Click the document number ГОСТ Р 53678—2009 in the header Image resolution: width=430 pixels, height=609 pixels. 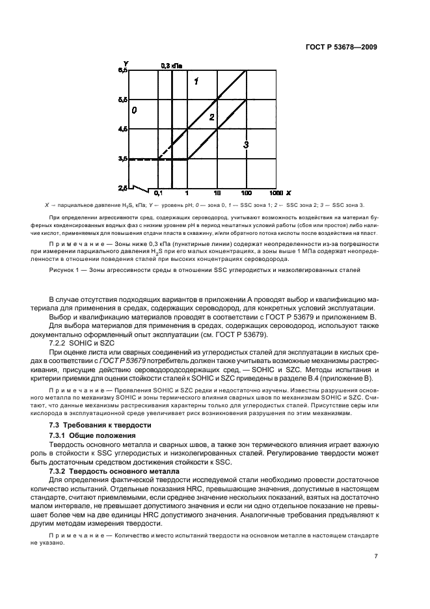tap(340, 47)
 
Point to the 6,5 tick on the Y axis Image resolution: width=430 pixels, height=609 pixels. tap(123, 70)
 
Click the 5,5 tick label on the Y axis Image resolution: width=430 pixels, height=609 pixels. tap(123, 100)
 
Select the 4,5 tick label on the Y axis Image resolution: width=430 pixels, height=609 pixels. tap(123, 129)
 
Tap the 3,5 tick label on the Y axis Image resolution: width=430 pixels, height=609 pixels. tap(123, 159)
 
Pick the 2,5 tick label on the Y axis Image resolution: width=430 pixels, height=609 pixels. tap(123, 189)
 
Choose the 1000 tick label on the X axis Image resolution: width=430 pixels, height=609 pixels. tap(275, 194)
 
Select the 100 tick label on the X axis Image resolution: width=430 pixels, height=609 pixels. tap(247, 194)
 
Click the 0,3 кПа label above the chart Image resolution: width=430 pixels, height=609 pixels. tap(171, 66)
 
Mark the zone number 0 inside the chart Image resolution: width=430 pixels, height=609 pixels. tap(134, 111)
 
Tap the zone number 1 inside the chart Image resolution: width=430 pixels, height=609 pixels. tap(195, 81)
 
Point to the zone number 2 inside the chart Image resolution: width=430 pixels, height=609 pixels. tap(211, 117)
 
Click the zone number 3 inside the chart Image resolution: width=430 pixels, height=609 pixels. tap(246, 145)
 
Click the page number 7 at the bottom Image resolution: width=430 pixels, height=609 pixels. tap(376, 556)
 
